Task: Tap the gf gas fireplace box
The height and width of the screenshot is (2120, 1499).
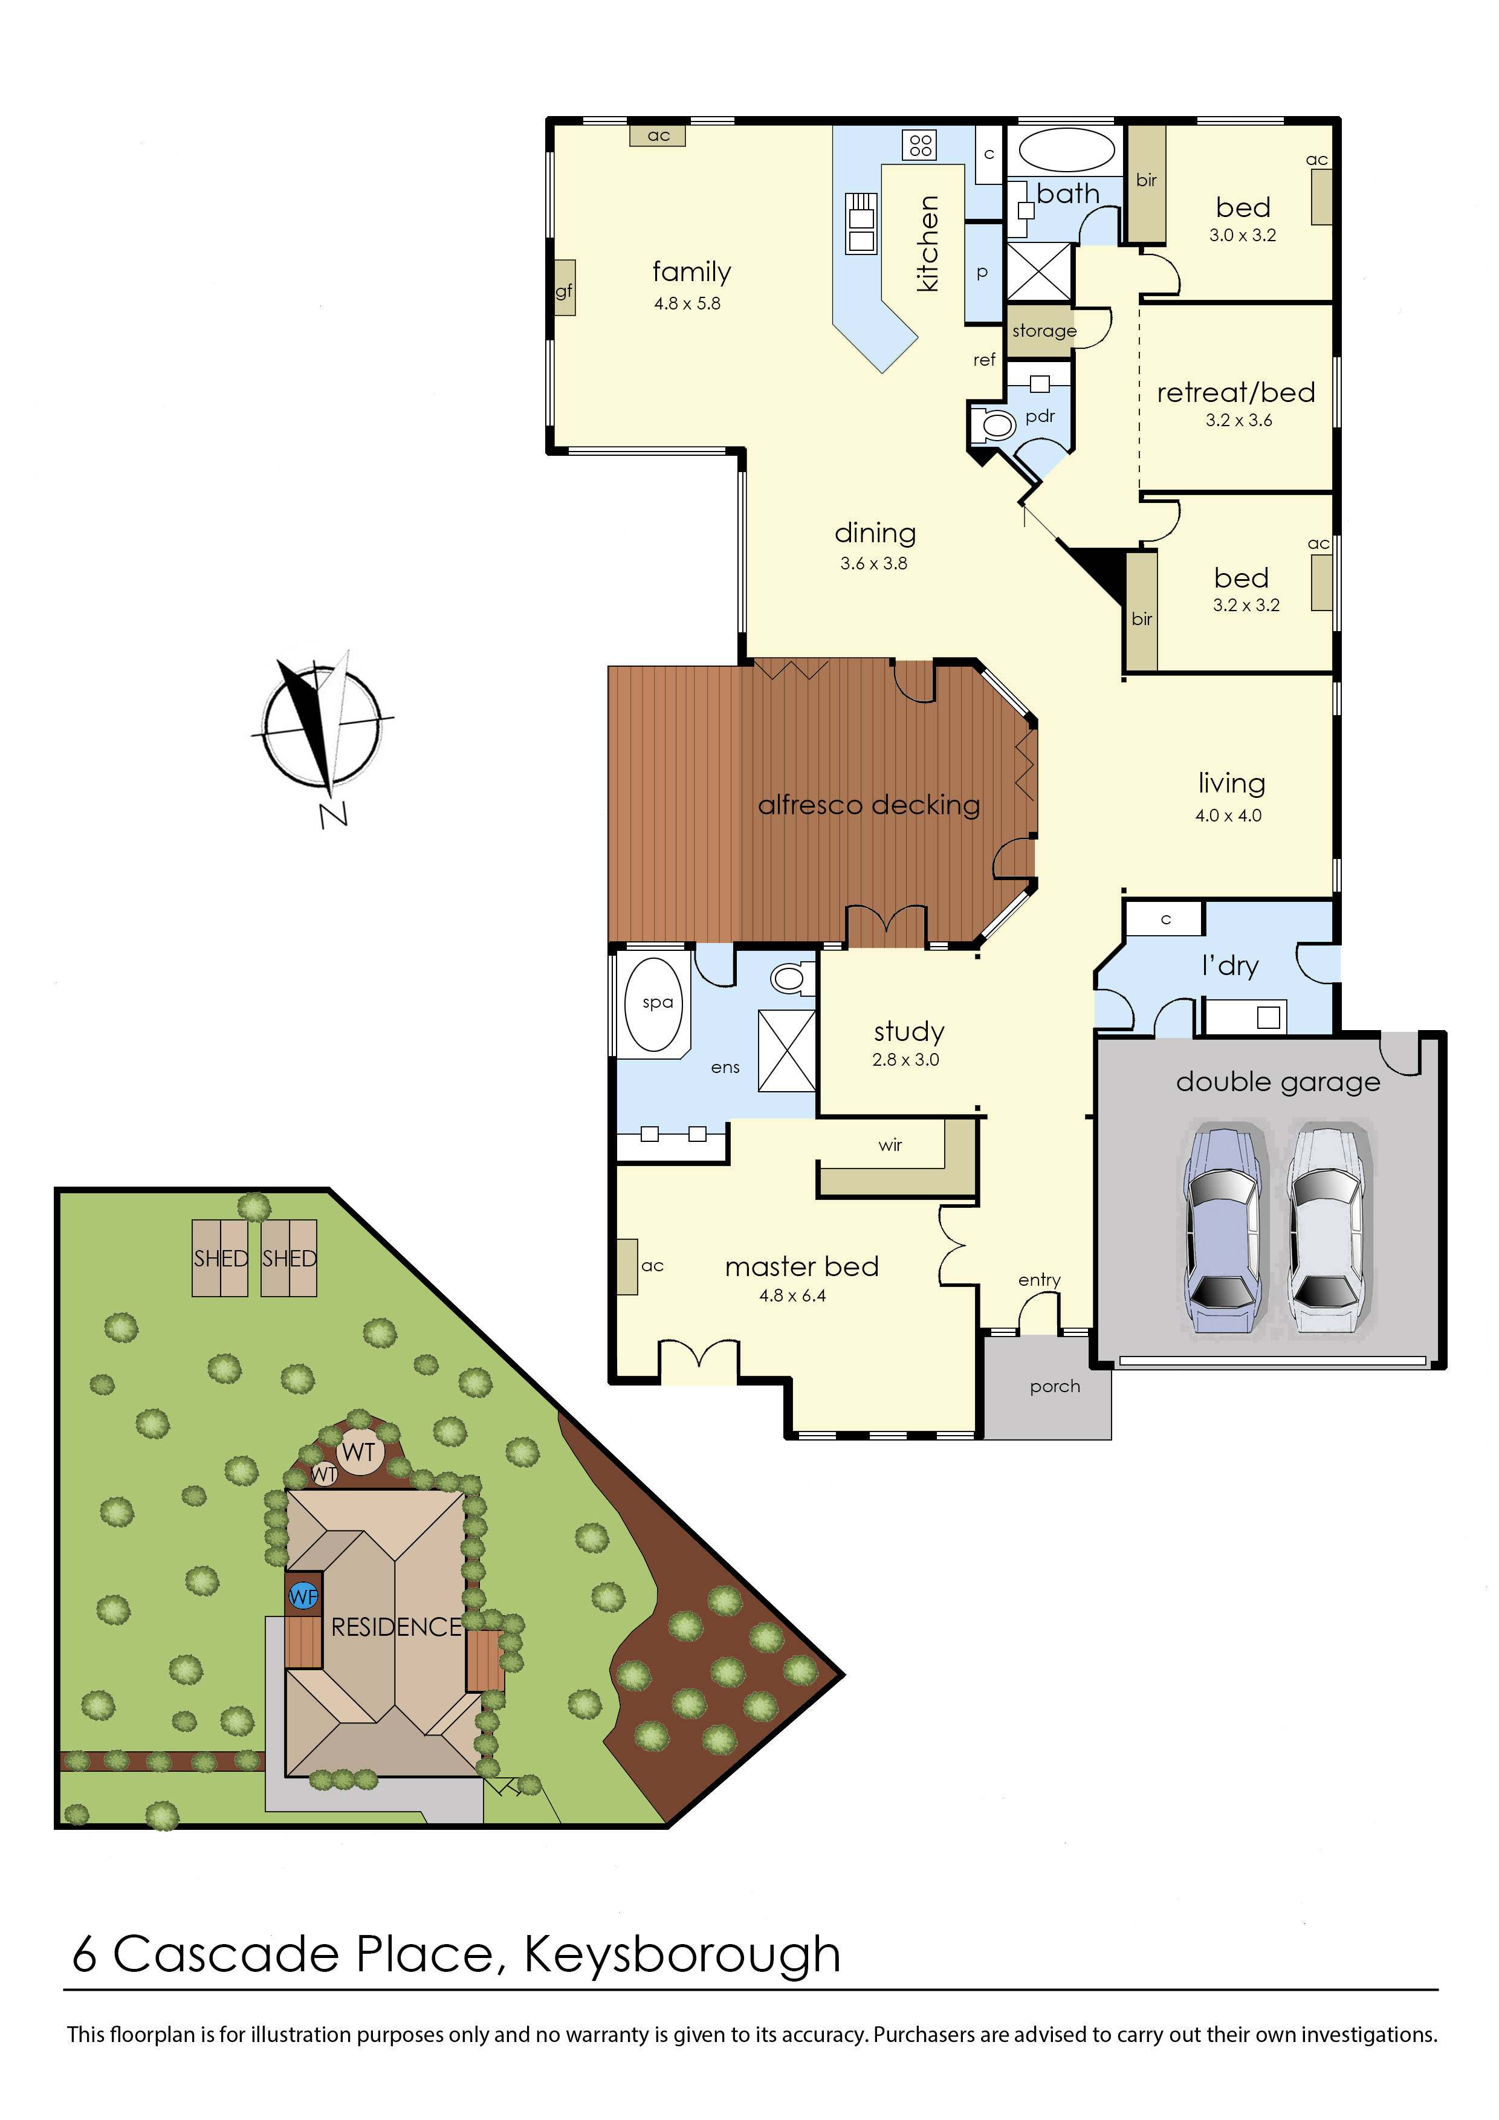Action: tap(564, 291)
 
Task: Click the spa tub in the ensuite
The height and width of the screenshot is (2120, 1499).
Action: tap(655, 1003)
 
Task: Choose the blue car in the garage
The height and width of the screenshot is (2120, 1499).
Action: tap(1221, 1228)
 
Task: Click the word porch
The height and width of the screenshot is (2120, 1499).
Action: tap(1054, 1386)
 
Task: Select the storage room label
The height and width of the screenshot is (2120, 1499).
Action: tap(1044, 331)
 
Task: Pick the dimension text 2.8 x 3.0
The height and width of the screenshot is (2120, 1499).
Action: tap(905, 1060)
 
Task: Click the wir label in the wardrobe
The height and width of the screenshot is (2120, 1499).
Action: tap(890, 1145)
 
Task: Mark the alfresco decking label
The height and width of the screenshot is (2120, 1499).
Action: tap(869, 805)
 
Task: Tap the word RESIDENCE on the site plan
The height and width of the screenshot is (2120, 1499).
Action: tap(396, 1627)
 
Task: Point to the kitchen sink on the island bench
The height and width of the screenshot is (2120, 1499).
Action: tap(861, 224)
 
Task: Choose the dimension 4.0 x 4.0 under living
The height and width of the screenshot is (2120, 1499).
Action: tap(1228, 815)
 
